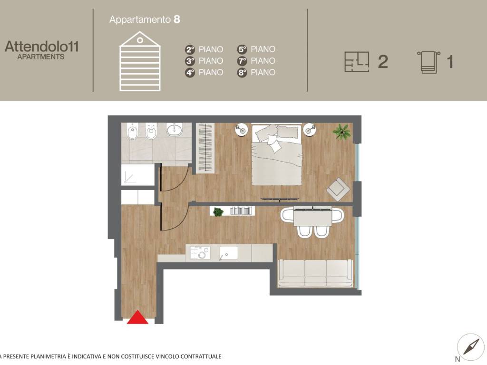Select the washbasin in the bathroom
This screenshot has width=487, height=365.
pos(174,129)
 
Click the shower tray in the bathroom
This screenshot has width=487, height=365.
pos(137,175)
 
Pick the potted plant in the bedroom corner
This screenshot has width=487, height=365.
pos(341,132)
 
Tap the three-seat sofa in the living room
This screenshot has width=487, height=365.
pos(315,273)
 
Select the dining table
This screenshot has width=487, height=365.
pos(312,218)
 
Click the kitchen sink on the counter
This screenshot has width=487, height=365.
pos(229,253)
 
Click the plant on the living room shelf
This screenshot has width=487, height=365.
pos(218,211)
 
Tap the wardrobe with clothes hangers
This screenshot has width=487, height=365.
pos(205,148)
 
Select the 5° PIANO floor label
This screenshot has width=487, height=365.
pos(256,49)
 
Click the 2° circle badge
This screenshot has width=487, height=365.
pos(190,49)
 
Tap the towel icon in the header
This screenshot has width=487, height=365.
pos(429,62)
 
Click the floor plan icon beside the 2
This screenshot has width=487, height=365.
pos(357,62)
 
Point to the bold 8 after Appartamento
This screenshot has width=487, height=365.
pos(177,19)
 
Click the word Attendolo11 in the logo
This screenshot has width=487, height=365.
pos(42,47)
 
